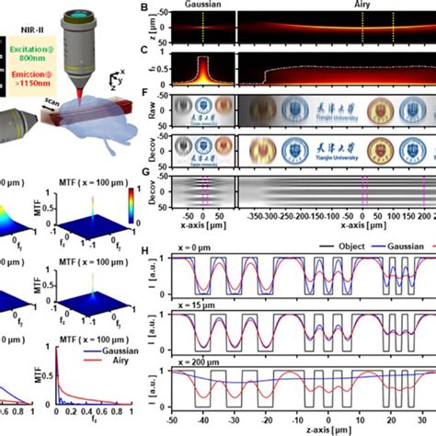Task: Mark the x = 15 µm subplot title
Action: coord(196,308)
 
